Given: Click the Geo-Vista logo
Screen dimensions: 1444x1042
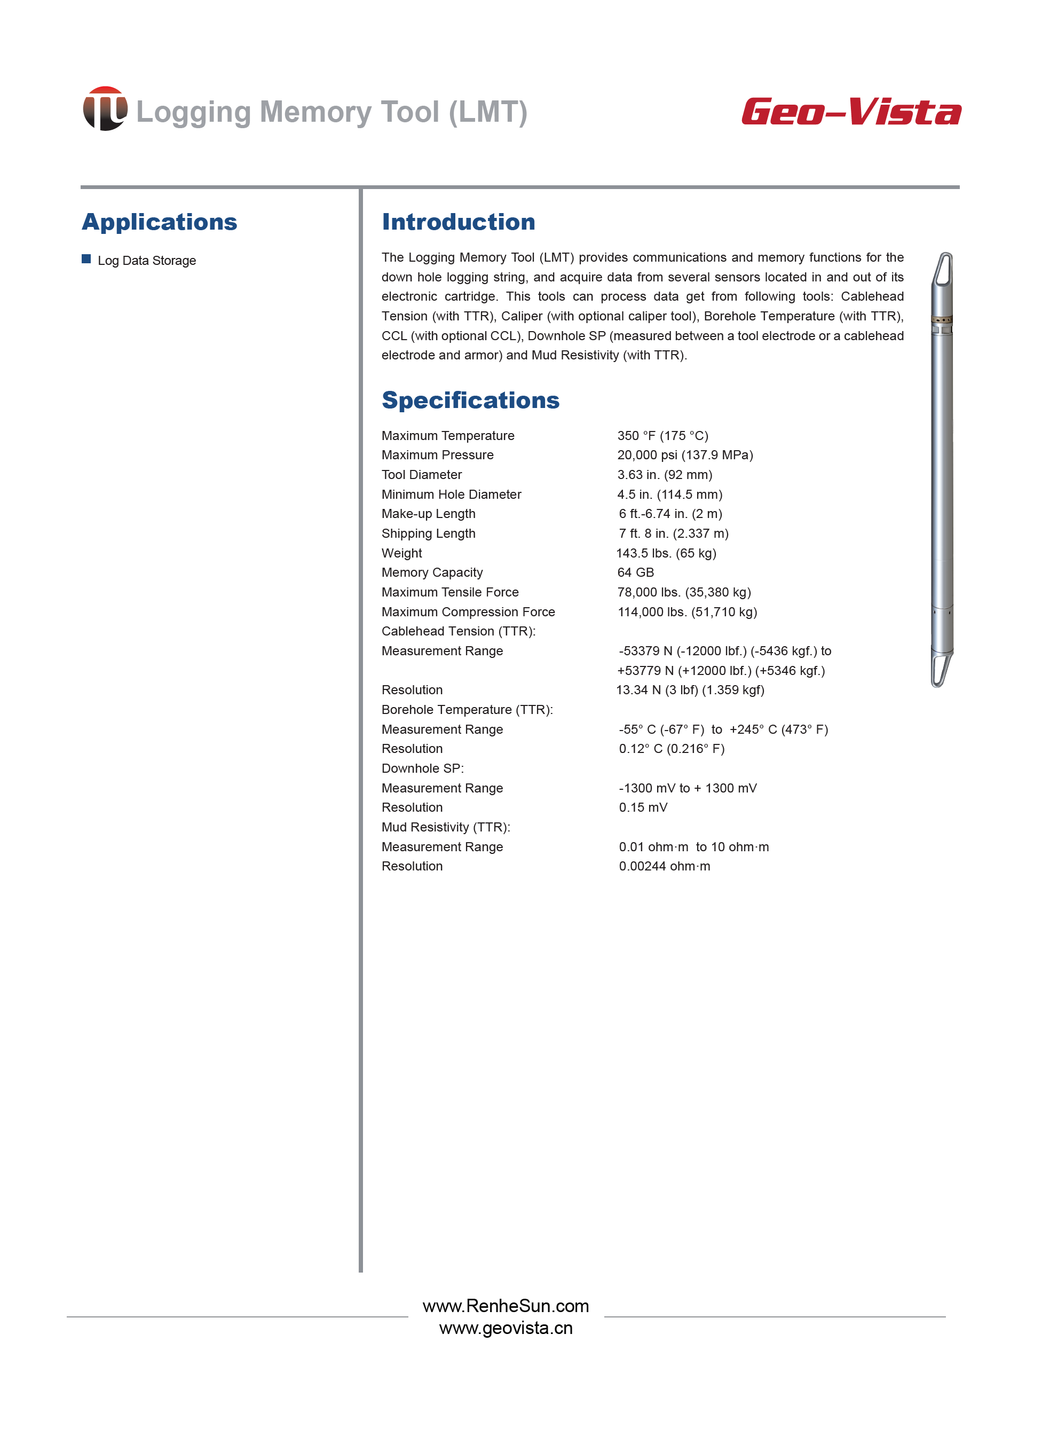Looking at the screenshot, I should tap(851, 112).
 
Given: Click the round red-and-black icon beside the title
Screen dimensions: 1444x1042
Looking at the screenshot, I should tap(105, 109).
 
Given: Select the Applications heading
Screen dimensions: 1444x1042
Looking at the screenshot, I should tap(159, 222).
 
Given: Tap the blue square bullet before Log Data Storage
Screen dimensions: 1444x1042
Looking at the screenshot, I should tap(86, 258).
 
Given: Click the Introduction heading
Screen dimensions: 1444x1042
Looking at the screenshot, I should tap(459, 222).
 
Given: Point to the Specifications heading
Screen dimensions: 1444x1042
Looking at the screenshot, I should tap(470, 400).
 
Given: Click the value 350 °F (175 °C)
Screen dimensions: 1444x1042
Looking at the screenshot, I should tap(662, 435).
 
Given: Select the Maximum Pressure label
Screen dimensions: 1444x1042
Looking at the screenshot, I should tap(437, 454).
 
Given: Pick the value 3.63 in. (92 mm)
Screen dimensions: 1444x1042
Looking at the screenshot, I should tap(665, 474).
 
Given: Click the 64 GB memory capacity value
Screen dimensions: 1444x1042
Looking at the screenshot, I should tap(635, 572).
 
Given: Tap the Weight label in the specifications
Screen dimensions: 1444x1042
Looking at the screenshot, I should tap(401, 553).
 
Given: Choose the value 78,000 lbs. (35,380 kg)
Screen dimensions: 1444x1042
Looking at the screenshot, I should tap(684, 592).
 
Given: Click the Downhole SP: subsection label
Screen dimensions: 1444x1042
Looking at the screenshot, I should tap(423, 768).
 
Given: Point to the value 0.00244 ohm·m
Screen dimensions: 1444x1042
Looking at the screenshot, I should tap(664, 866).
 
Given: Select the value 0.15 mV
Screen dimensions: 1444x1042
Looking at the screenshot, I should tap(643, 807).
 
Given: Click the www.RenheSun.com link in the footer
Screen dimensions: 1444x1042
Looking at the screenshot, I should tap(506, 1306).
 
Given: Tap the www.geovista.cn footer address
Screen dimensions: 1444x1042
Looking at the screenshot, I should tap(506, 1328).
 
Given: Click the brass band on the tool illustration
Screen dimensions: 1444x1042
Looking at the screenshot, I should tap(942, 320).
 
